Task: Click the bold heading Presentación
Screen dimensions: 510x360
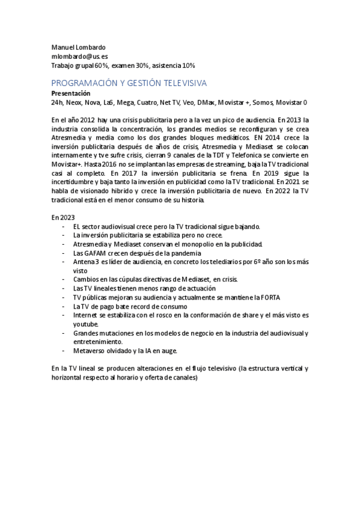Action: (x=71, y=93)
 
